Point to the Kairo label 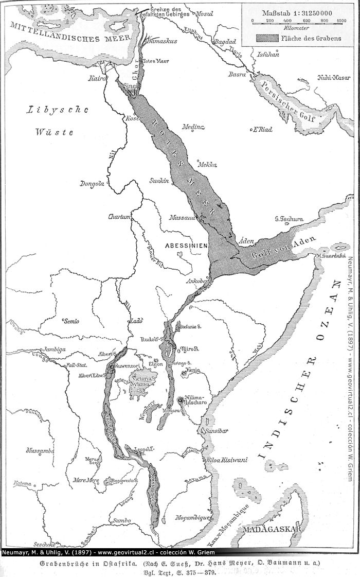coord(97,79)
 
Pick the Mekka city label coord(207,165)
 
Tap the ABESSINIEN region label coord(186,246)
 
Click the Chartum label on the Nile coord(118,217)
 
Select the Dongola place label coord(92,184)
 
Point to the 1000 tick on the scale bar coord(341,21)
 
